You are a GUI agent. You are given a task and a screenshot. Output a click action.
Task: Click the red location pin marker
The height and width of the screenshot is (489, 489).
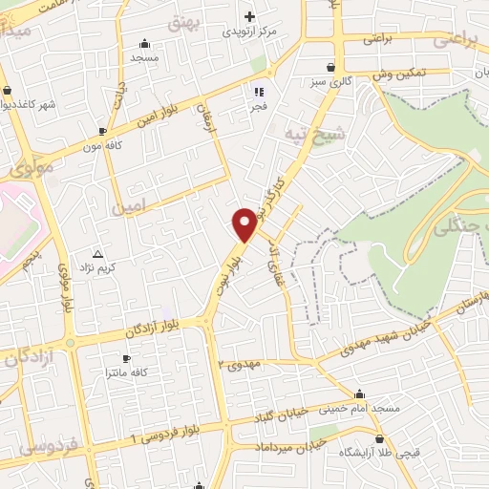point(245,223)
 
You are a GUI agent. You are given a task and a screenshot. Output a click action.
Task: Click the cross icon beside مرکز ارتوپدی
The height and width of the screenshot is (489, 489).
point(250,15)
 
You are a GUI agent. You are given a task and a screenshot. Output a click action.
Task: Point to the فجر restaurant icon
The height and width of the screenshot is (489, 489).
point(258,92)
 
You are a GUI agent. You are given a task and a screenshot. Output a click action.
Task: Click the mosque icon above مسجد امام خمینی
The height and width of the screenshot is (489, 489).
point(359,393)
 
